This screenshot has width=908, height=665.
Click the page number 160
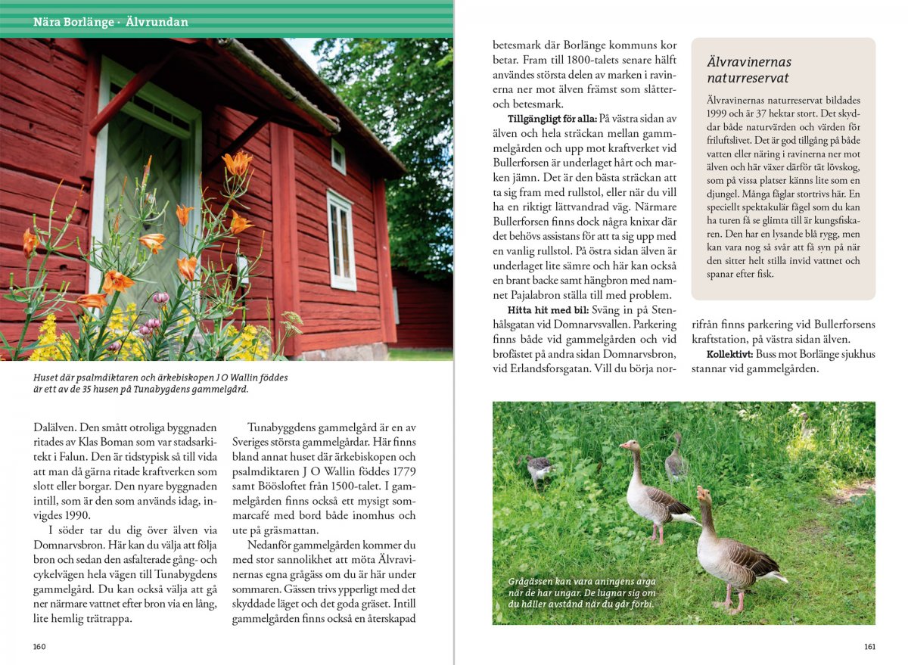click(x=39, y=646)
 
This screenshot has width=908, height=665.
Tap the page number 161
click(x=869, y=646)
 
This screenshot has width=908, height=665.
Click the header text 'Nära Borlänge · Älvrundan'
click(x=110, y=23)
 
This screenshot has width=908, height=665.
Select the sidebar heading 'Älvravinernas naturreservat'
click(x=749, y=70)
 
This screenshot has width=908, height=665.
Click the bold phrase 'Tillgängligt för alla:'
click(x=552, y=120)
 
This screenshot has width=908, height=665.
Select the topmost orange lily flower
click(x=238, y=162)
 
